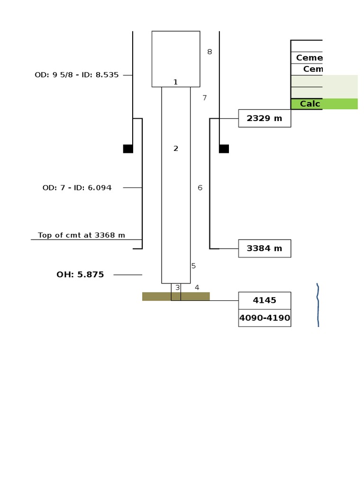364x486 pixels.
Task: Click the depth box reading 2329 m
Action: tap(264, 118)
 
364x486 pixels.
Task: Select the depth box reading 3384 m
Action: tap(264, 248)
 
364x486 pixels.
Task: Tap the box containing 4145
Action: tap(264, 300)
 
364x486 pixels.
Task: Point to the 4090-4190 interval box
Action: tap(264, 318)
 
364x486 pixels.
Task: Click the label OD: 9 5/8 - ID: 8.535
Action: tap(77, 75)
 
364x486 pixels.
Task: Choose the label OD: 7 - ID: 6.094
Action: tap(77, 188)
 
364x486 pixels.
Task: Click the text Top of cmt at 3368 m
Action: tap(82, 235)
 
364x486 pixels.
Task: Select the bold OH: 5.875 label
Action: tap(80, 275)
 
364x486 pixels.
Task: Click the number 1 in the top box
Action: tap(175, 82)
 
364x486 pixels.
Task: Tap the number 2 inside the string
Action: tap(176, 149)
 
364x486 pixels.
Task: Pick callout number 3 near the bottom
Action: tap(178, 288)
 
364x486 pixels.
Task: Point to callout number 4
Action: tap(197, 288)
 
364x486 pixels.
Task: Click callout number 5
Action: tap(193, 266)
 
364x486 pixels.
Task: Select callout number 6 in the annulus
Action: tap(200, 188)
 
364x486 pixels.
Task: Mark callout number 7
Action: tap(205, 98)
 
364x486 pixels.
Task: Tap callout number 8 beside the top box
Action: tap(209, 52)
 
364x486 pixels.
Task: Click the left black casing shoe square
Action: tap(128, 149)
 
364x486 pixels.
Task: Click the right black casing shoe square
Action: tap(224, 149)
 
